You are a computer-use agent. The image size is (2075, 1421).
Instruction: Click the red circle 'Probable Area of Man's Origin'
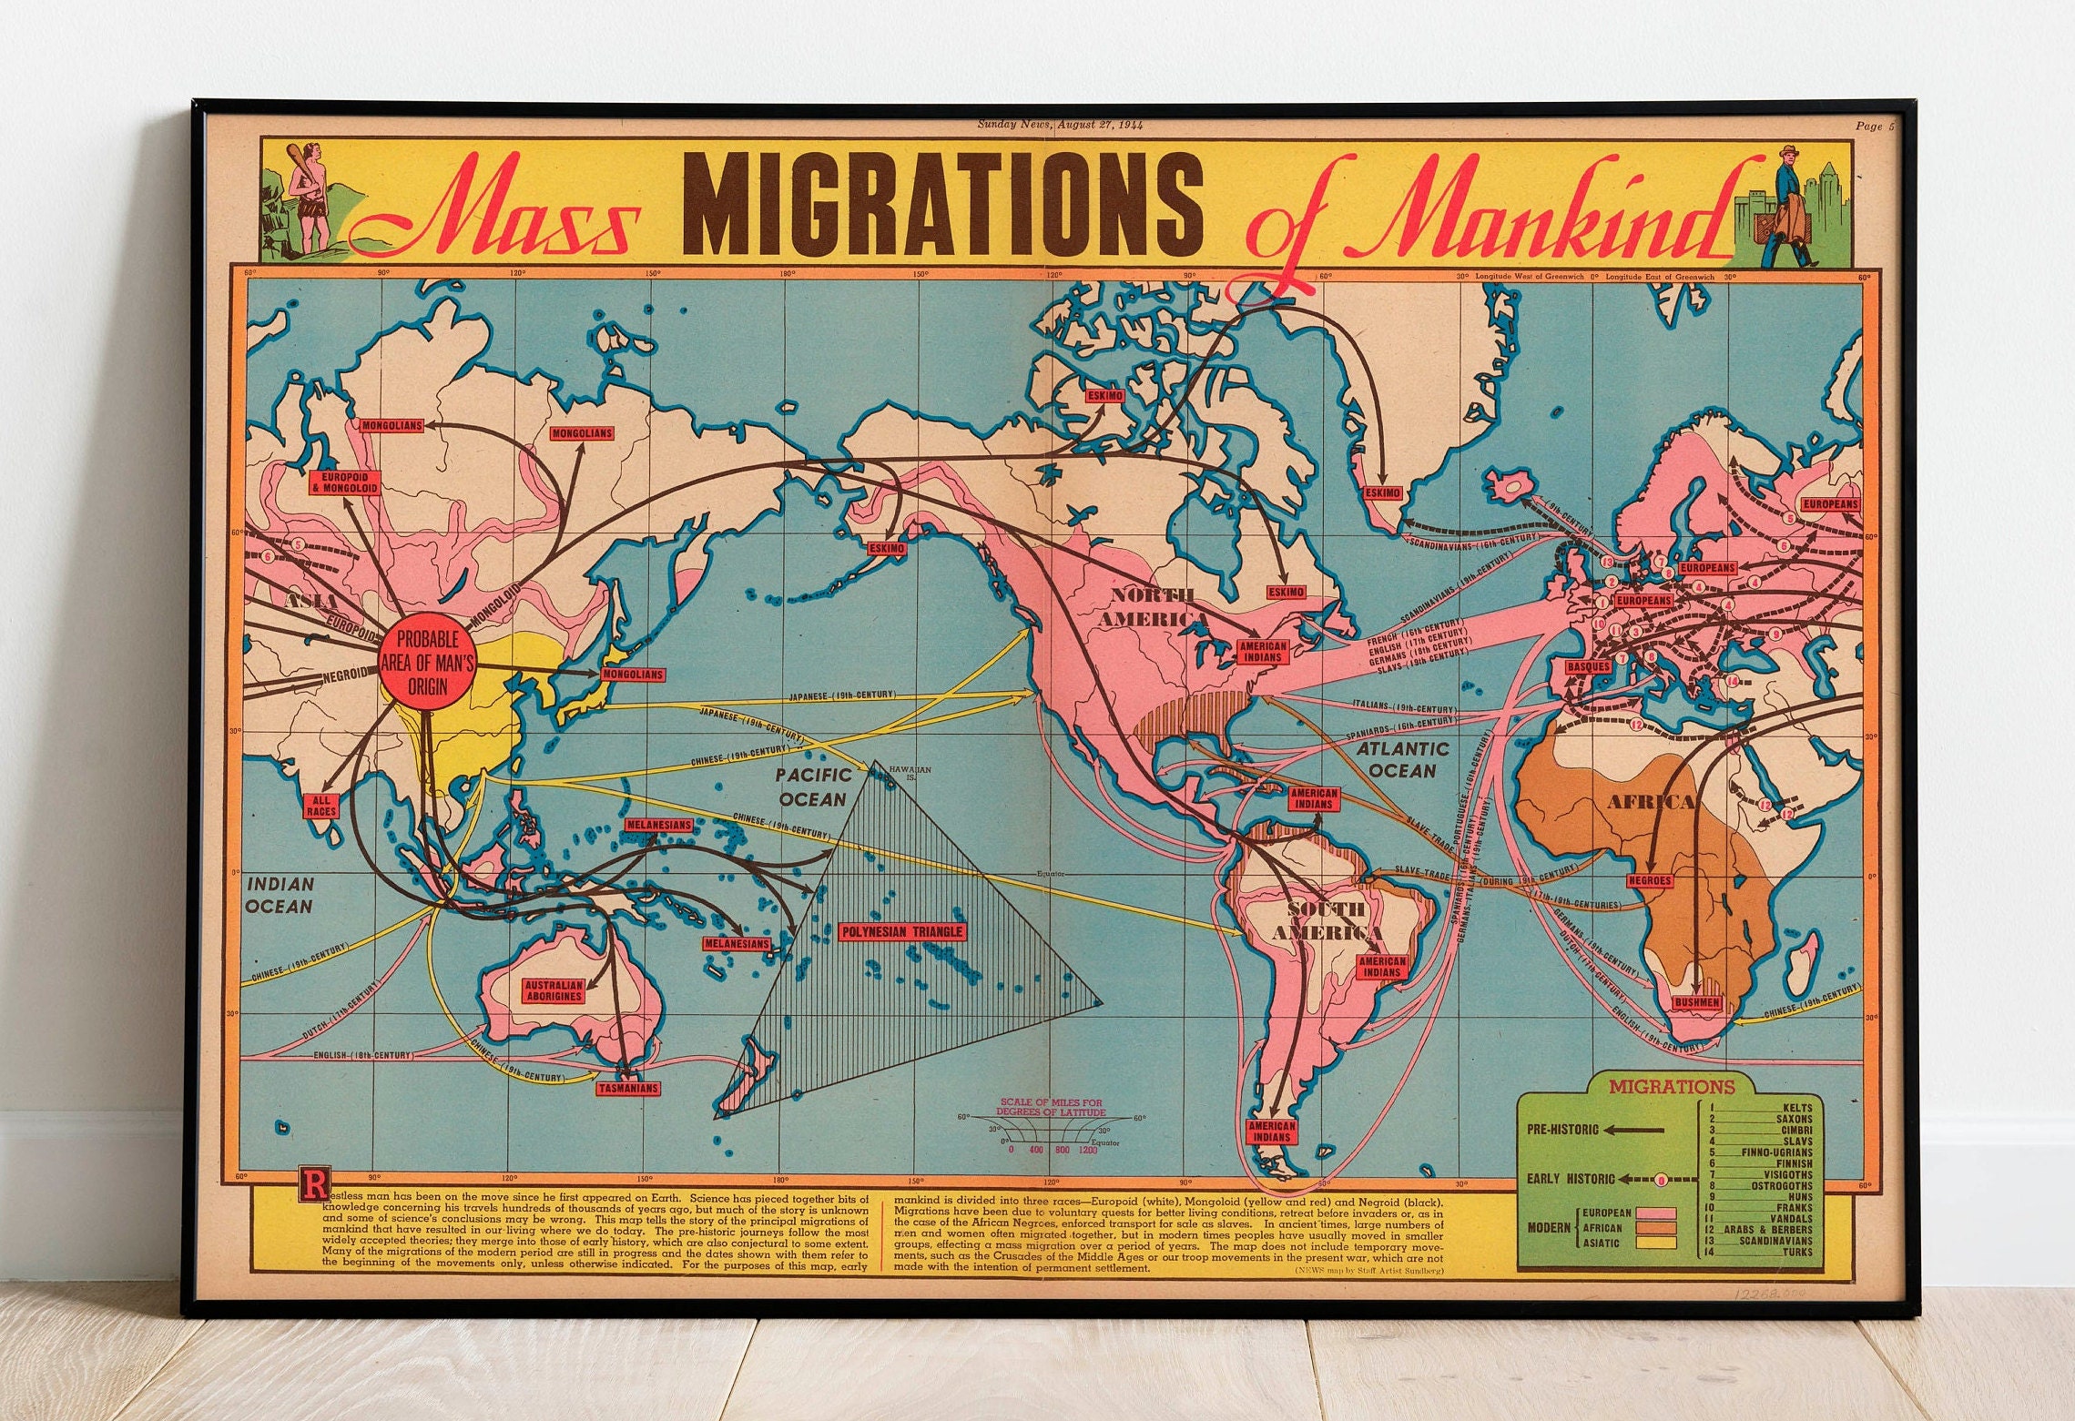(x=427, y=664)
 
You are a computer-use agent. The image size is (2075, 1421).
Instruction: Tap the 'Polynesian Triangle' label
(x=901, y=932)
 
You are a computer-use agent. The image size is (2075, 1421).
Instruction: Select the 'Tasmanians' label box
(x=628, y=1088)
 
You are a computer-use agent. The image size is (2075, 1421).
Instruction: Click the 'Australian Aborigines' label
(x=554, y=990)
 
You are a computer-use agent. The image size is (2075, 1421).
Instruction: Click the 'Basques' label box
(x=1589, y=666)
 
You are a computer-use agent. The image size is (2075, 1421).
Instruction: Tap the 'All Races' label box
(x=320, y=806)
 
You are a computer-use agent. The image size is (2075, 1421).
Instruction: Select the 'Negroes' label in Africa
(x=1650, y=880)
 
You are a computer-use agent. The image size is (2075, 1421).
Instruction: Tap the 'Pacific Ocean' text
(x=813, y=787)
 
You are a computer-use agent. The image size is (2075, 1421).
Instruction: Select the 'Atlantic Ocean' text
(x=1402, y=759)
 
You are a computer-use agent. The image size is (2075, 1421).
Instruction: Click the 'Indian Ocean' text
(x=280, y=894)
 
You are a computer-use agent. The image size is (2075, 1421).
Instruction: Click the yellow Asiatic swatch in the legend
(x=1655, y=1243)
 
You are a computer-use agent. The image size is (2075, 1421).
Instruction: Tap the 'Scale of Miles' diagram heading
(x=1051, y=1107)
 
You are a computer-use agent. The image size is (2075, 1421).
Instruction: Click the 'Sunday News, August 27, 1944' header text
(x=1060, y=125)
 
